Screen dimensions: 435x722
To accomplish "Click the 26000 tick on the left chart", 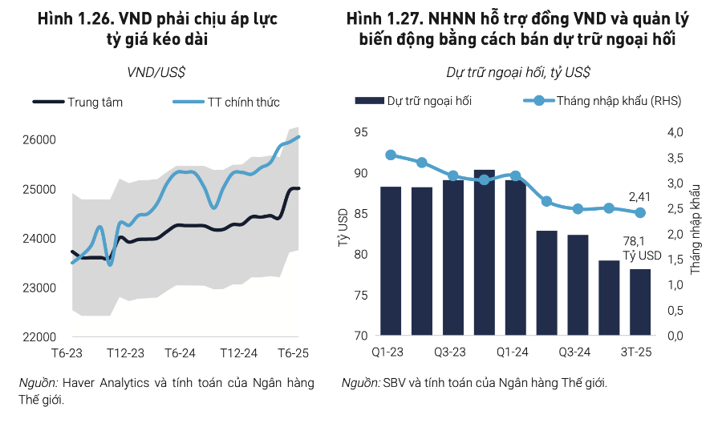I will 39,140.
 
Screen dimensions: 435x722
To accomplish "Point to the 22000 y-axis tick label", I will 39,336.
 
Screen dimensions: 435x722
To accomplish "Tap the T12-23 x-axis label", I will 125,353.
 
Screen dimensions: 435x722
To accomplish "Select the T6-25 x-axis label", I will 294,353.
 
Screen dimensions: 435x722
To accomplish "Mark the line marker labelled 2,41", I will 640,212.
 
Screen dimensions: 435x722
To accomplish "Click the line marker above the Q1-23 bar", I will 391,155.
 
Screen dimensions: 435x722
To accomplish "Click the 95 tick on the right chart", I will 360,133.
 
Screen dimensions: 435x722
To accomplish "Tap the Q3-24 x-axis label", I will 576,353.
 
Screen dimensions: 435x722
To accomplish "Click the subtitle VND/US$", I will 156,72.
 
